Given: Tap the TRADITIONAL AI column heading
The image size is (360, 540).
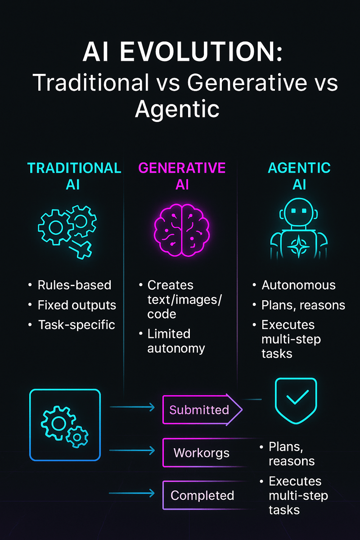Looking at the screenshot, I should point(74,176).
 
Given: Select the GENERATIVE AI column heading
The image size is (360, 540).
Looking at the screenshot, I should point(182,176).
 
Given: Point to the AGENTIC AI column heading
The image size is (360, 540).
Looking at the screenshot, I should point(299,176).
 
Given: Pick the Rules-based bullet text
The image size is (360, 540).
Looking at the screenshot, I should point(74,285).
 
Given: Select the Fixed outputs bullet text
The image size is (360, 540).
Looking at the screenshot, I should point(77,305).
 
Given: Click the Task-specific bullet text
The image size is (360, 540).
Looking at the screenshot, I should point(76,324).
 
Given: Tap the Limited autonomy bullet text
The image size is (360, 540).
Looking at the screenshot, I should point(176,341).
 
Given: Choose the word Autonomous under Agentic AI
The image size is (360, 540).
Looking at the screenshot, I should point(299,285).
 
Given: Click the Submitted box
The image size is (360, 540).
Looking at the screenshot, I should point(200,410).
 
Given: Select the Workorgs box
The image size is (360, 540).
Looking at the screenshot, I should point(202,452).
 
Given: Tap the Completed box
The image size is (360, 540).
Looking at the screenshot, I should point(202,495).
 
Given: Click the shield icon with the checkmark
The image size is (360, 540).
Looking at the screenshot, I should point(296,400).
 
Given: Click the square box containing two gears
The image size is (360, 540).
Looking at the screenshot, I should point(65,425).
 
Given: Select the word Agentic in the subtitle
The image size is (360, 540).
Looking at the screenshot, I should point(177,109).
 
